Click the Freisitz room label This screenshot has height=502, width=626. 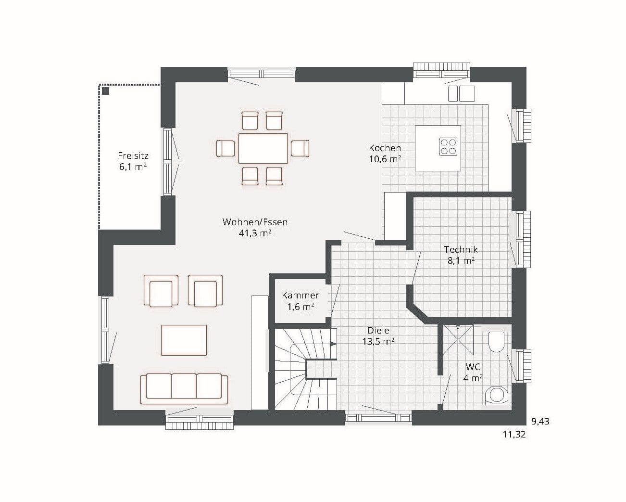[x=133, y=161]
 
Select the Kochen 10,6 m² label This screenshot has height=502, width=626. [x=385, y=154]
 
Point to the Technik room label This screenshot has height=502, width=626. [x=461, y=255]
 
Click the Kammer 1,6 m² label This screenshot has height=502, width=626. [x=300, y=301]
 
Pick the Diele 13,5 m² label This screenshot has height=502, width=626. [x=378, y=336]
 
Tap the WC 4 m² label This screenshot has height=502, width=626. [x=473, y=373]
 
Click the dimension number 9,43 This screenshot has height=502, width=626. [x=540, y=421]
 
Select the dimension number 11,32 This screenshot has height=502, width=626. [x=514, y=435]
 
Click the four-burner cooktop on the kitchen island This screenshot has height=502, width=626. [x=448, y=146]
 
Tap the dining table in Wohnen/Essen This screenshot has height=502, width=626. [x=263, y=148]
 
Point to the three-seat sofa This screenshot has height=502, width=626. [x=184, y=388]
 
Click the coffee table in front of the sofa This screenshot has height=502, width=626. [x=184, y=340]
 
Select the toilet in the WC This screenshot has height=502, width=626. [x=496, y=342]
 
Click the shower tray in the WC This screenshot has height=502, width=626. [x=458, y=339]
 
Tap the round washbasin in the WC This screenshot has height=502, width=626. [x=497, y=395]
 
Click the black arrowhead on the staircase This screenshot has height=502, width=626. [x=333, y=344]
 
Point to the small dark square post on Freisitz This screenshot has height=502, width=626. [x=106, y=91]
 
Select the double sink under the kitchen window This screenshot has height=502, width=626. [x=462, y=93]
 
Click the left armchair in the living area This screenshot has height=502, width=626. [x=161, y=291]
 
